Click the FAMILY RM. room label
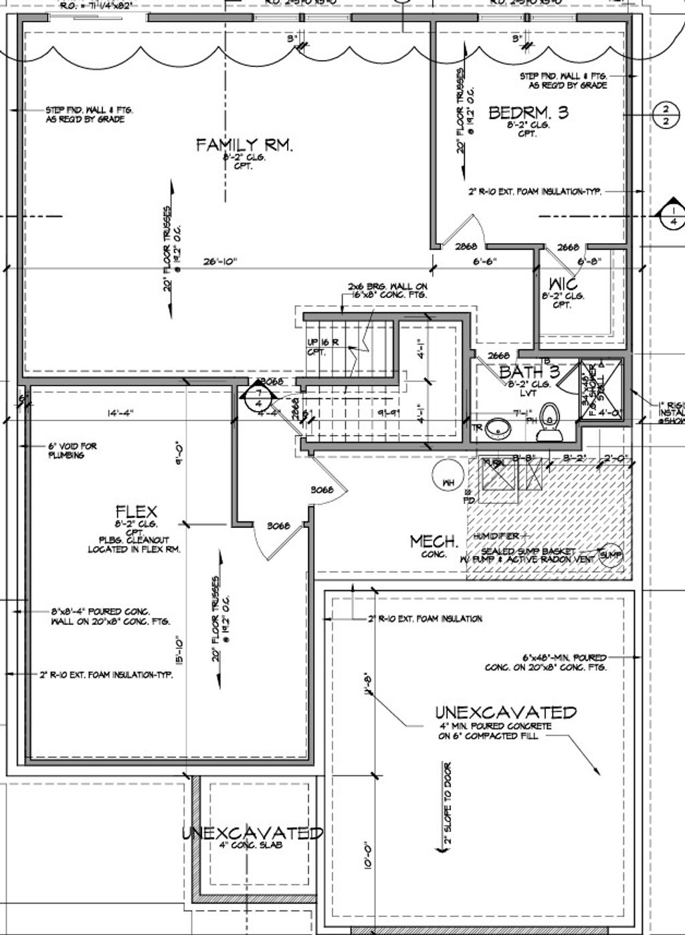[x=244, y=145]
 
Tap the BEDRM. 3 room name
[x=528, y=112]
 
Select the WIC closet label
[x=563, y=283]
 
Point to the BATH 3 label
[x=529, y=372]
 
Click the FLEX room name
[x=136, y=513]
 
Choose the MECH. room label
[x=434, y=541]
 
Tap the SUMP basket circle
[x=611, y=555]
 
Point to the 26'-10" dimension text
[x=220, y=262]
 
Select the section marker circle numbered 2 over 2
[x=665, y=114]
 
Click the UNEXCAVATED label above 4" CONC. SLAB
[x=253, y=833]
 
